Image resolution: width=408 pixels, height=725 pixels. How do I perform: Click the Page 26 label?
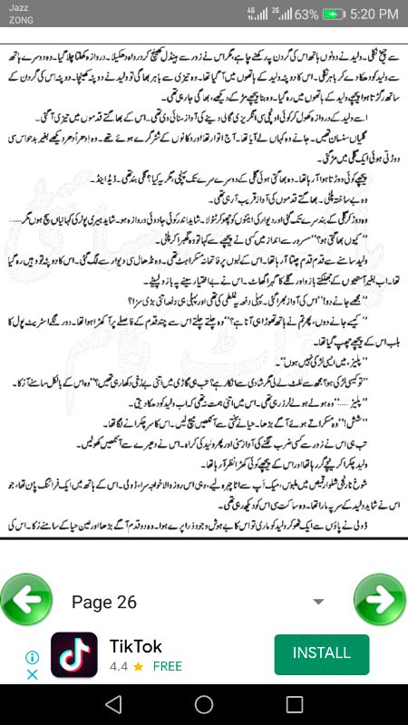point(103,602)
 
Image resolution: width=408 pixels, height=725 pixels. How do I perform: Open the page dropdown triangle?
point(318,602)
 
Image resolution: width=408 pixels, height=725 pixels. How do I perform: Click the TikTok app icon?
point(74,654)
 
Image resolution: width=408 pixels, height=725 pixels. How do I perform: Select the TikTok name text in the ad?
point(136,646)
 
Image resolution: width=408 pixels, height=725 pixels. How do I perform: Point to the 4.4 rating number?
point(119,666)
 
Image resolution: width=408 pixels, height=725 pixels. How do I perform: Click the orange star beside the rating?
point(138,666)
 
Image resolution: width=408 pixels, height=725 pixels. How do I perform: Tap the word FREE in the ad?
point(167,666)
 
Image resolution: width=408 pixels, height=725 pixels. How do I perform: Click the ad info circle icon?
point(31,657)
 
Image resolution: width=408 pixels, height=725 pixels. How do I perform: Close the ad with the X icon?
point(31,674)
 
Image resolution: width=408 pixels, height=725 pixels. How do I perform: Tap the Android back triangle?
point(112,704)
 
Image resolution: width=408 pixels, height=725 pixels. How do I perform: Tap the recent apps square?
point(294,704)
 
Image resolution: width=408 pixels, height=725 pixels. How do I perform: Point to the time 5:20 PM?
point(367,14)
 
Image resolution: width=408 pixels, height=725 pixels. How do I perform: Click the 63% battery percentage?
point(306,14)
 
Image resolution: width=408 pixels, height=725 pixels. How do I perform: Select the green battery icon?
point(335,14)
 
